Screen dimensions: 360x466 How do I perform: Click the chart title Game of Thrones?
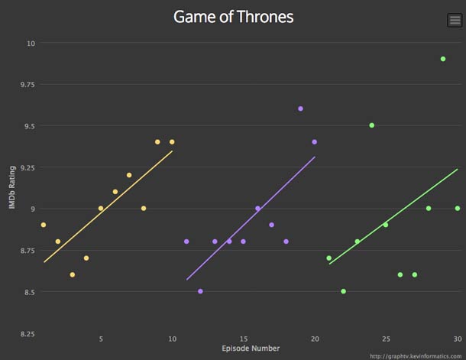[x=233, y=17]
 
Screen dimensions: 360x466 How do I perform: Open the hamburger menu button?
[x=454, y=21]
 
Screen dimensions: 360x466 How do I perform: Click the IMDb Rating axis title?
[x=12, y=188]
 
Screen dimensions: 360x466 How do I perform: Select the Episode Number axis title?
[x=250, y=349]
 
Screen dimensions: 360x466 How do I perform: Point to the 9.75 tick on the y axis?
[x=27, y=86]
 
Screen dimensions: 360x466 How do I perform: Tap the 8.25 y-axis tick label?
[x=27, y=334]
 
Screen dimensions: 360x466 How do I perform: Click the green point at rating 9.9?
[x=443, y=59]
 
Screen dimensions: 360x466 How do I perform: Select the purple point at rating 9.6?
[x=300, y=109]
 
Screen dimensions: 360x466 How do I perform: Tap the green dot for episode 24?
[x=371, y=125]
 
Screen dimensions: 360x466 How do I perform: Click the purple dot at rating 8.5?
[x=200, y=291]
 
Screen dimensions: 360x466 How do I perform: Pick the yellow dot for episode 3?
[x=72, y=274]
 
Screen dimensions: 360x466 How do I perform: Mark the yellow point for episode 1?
[x=44, y=225]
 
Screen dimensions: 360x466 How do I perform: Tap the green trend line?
[x=393, y=216]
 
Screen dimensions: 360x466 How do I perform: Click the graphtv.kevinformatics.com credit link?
[x=417, y=355]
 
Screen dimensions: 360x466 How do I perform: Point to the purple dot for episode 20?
[x=314, y=141]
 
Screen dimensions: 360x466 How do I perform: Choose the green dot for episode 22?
[x=343, y=291]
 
